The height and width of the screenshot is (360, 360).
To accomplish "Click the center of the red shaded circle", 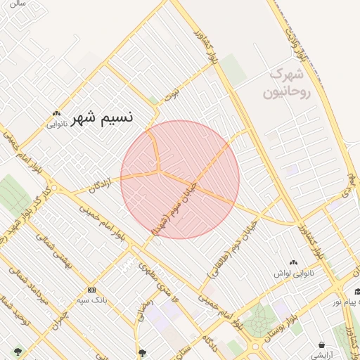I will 180,179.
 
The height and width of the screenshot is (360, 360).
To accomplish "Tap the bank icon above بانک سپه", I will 91,290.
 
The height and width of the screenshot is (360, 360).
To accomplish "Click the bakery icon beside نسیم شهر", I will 56,112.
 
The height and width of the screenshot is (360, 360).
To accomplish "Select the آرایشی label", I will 322,355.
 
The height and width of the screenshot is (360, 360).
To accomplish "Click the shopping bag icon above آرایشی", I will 322,345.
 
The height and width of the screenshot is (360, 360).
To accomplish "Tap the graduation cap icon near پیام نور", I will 357,292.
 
